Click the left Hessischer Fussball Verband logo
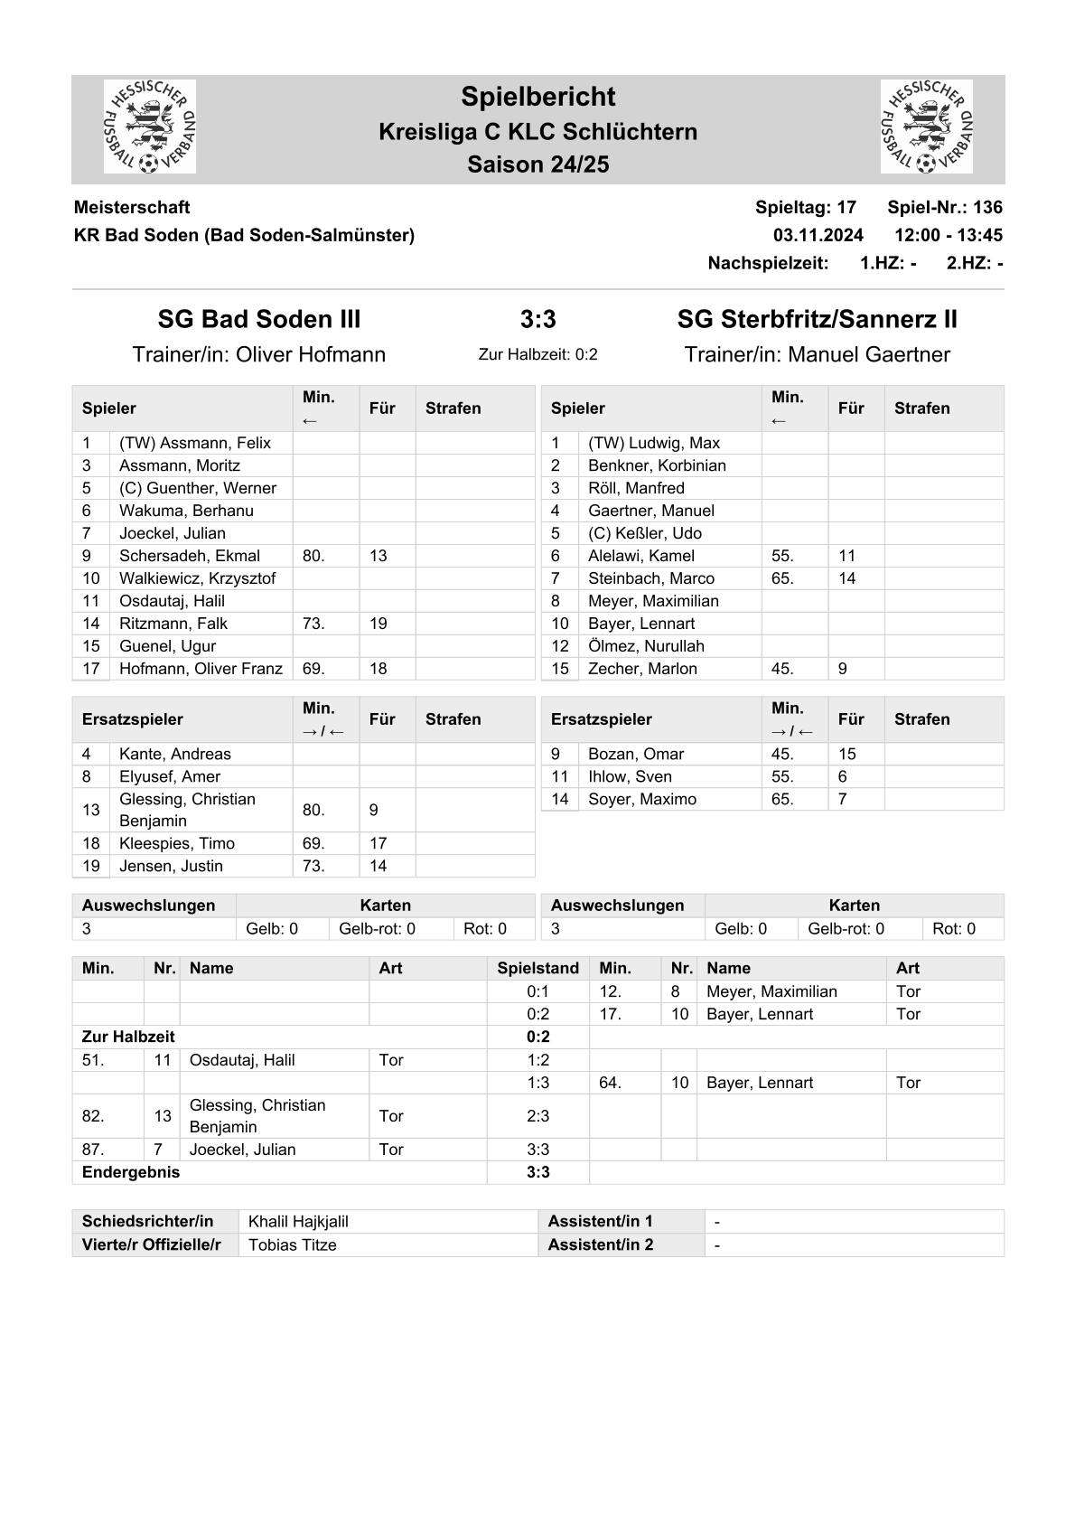150,127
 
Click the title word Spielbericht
537,97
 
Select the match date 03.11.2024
818,235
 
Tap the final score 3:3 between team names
537,319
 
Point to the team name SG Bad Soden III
259,319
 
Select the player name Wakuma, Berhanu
186,511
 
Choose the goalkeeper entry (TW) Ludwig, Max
654,443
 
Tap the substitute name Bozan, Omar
636,754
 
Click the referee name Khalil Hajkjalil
298,1222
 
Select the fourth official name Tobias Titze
292,1244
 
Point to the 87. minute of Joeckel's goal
93,1150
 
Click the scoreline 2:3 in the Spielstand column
537,1116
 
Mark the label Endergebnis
131,1172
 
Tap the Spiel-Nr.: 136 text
944,207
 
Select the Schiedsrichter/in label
147,1222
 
